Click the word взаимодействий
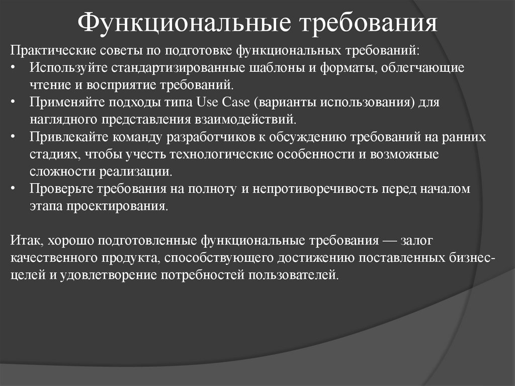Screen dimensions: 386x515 (251, 120)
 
